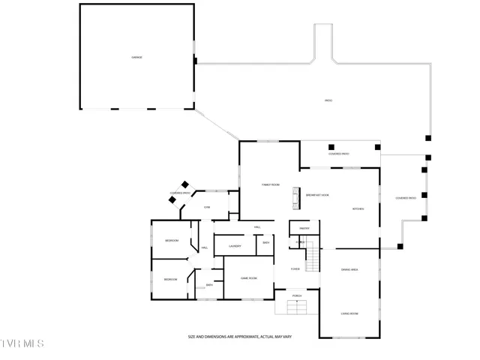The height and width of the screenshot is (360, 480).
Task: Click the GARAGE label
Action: (x=136, y=57)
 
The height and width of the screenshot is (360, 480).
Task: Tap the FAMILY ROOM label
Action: (x=270, y=184)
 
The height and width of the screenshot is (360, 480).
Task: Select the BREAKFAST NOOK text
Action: (x=317, y=195)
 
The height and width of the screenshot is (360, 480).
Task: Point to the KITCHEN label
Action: (x=358, y=208)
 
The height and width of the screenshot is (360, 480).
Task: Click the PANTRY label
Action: (x=304, y=228)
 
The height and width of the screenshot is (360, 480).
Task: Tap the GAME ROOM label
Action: (x=249, y=277)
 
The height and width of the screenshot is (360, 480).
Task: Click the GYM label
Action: (x=206, y=207)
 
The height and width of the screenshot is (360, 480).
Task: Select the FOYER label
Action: (x=295, y=268)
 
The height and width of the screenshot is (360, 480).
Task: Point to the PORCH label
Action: (x=297, y=295)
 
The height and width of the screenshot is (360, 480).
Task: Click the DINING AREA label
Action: (x=349, y=268)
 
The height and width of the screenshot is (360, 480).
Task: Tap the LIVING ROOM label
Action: (x=349, y=313)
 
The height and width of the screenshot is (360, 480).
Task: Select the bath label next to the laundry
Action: (x=265, y=242)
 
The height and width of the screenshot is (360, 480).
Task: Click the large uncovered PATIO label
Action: (x=328, y=100)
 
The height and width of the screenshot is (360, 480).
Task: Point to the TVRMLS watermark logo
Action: (x=22, y=343)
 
